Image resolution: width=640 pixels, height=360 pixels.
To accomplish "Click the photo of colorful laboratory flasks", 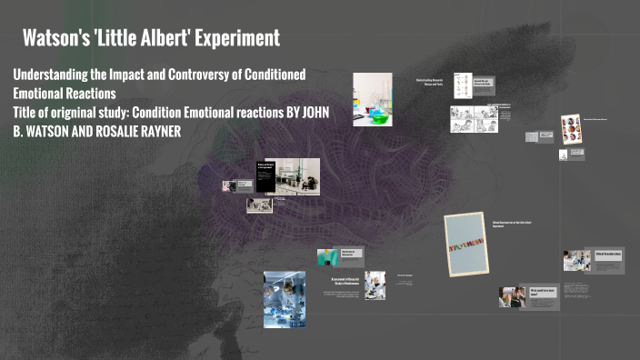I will [372, 98].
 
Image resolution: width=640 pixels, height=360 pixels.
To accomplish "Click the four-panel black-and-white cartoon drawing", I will [474, 117].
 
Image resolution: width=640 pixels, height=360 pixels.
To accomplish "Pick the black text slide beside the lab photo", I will [265, 175].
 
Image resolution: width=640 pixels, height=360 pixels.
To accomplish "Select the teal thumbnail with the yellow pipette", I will [327, 257].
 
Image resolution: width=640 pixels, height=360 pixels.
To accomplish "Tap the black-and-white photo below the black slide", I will [258, 205].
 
